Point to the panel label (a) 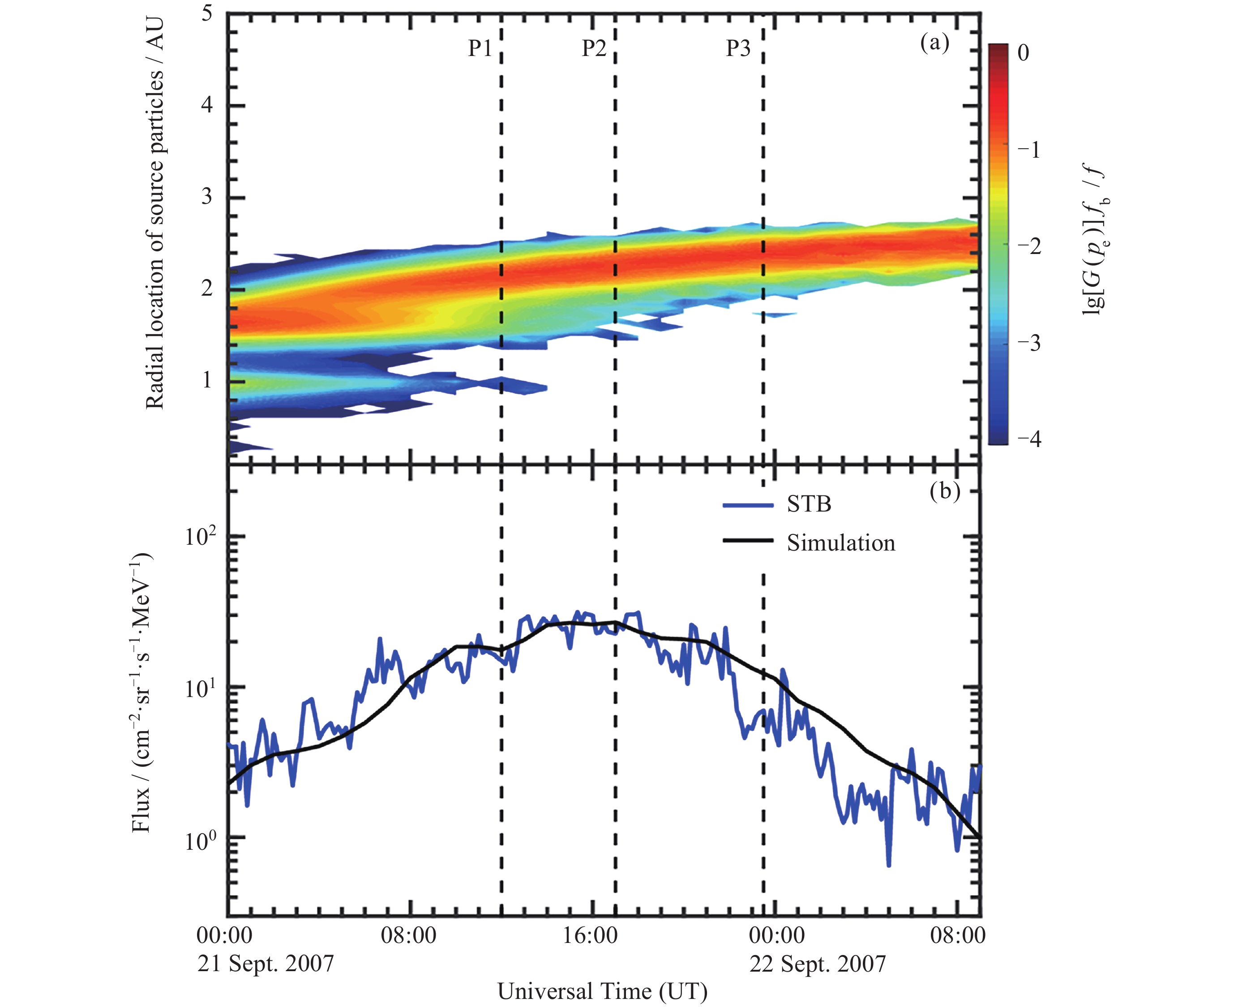(x=935, y=43)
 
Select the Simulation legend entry (x=840, y=543)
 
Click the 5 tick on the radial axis (x=207, y=14)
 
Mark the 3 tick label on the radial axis (x=207, y=197)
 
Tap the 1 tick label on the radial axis (x=207, y=380)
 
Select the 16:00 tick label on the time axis (x=591, y=936)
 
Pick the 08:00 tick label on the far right (x=957, y=936)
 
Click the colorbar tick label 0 (x=1024, y=53)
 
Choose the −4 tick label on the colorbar (x=1029, y=439)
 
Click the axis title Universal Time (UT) (x=602, y=991)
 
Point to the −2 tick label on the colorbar (x=1029, y=246)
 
